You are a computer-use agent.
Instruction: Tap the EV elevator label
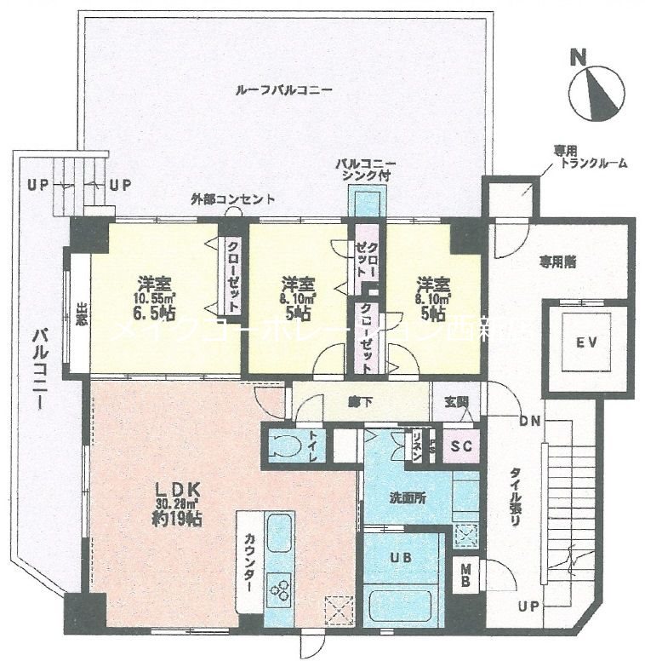585,343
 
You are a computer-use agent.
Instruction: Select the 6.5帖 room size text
153,313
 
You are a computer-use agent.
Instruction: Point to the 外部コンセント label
232,199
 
